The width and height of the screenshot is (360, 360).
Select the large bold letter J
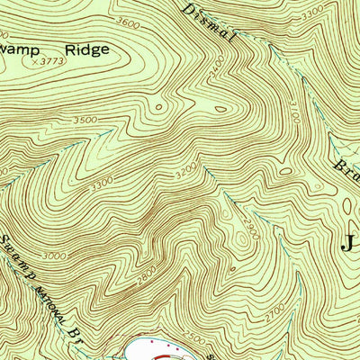[x=349, y=240]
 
